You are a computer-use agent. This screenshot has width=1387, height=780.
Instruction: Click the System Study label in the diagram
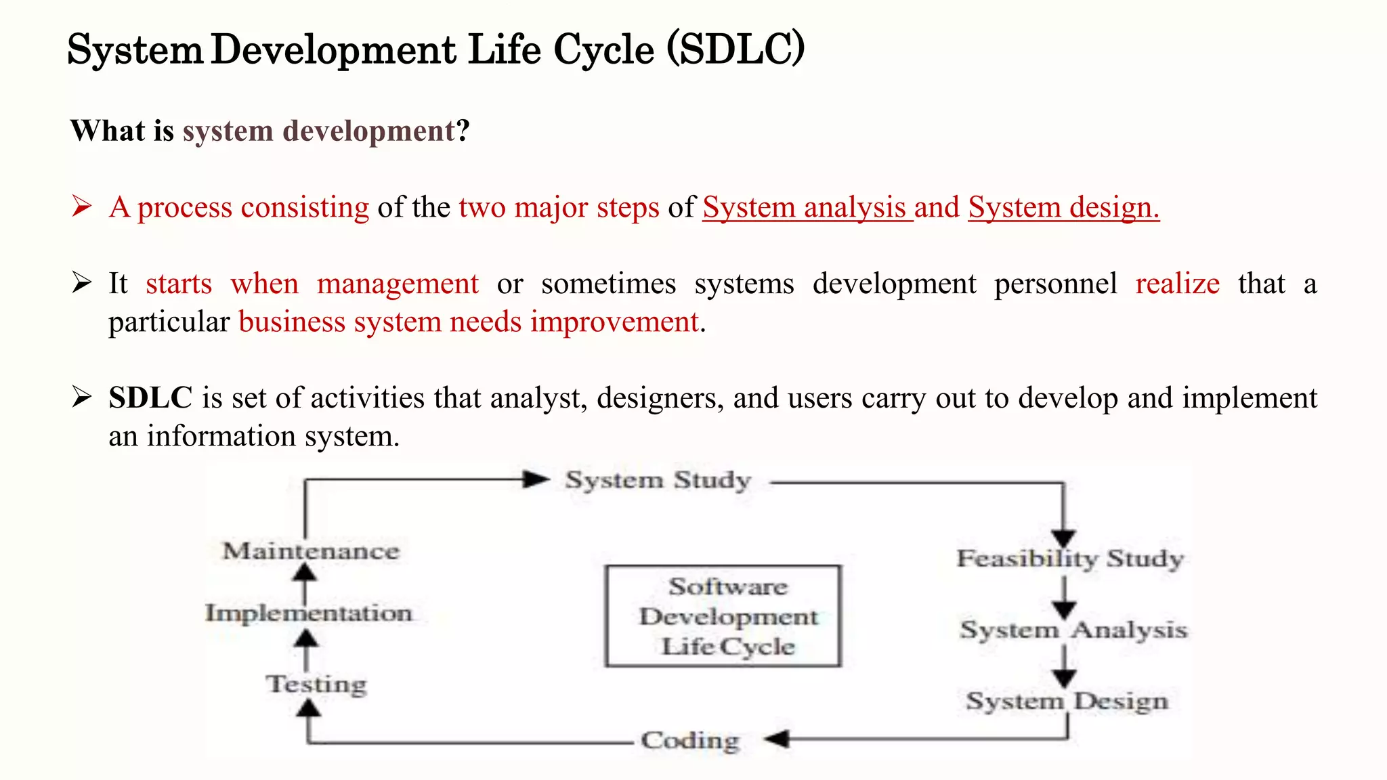pyautogui.click(x=658, y=481)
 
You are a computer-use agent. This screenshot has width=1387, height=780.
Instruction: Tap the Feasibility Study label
pyautogui.click(x=1070, y=559)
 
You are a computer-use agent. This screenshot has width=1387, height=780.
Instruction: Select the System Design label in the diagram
pyautogui.click(x=1067, y=701)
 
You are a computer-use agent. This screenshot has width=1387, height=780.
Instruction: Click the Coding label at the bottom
pyautogui.click(x=690, y=740)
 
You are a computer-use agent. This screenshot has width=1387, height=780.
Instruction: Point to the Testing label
pyautogui.click(x=316, y=684)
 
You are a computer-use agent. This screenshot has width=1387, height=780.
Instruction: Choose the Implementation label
pyautogui.click(x=309, y=613)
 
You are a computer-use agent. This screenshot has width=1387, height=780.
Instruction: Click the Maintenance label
pyautogui.click(x=311, y=551)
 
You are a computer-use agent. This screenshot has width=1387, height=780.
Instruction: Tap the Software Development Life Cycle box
pyautogui.click(x=723, y=616)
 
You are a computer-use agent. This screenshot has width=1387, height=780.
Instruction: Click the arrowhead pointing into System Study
pyautogui.click(x=536, y=480)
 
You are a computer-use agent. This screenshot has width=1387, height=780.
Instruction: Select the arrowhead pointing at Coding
pyautogui.click(x=777, y=739)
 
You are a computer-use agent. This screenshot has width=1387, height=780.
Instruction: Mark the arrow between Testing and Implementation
pyautogui.click(x=307, y=649)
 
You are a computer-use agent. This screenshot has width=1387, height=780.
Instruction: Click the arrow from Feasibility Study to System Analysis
pyautogui.click(x=1064, y=597)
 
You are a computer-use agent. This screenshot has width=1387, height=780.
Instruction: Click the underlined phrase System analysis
pyautogui.click(x=807, y=207)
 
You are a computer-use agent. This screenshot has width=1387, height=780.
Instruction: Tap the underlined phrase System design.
pyautogui.click(x=1063, y=207)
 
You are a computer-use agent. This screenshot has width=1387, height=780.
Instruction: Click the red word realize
pyautogui.click(x=1177, y=284)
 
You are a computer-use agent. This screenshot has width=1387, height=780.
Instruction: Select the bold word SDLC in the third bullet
pyautogui.click(x=150, y=397)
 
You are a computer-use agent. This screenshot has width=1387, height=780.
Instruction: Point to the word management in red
pyautogui.click(x=398, y=284)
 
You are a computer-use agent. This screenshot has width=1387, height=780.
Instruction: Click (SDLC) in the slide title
pyautogui.click(x=735, y=49)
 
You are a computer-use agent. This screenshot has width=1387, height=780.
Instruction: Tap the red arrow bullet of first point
pyautogui.click(x=81, y=207)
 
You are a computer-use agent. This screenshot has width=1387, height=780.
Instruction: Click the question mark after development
pyautogui.click(x=463, y=131)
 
